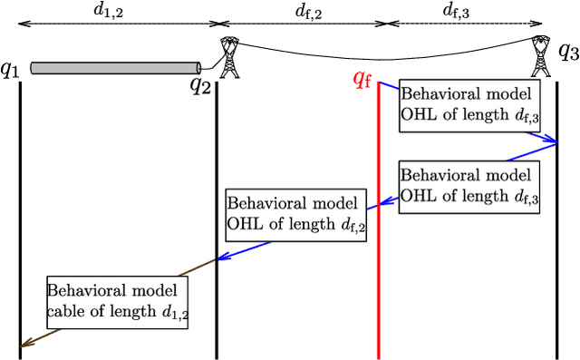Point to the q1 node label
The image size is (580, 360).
[x=10, y=68]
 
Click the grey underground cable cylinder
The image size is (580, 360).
[x=116, y=67]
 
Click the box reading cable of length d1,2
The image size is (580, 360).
[x=116, y=303]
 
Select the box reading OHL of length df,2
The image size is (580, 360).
[x=296, y=215]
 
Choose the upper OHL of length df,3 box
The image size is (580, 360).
[x=469, y=105]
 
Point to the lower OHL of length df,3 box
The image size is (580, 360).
[x=469, y=187]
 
